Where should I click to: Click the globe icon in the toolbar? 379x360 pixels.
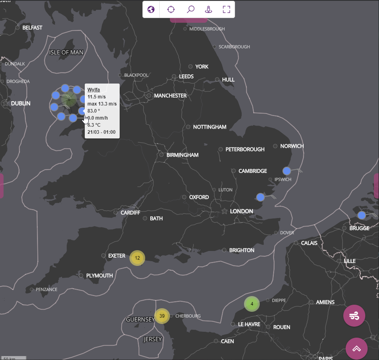151,9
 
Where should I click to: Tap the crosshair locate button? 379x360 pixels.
171,9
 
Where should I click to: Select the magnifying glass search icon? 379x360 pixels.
191,9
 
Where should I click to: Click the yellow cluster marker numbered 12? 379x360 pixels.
137,258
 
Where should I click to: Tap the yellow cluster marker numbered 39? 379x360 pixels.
162,316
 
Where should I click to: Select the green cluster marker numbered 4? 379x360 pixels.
252,304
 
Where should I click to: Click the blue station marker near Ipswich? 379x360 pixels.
287,171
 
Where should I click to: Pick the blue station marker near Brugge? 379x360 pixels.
362,215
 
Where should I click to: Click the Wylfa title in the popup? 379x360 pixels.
94,90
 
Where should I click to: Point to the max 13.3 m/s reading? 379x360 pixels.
102,104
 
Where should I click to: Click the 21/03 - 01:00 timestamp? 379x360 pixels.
101,132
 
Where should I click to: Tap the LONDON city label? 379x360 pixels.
241,211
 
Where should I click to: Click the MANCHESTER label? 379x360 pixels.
170,96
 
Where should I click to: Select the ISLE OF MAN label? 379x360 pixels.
66,53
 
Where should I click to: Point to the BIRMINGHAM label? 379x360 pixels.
182,155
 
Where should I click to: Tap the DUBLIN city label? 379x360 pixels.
20,104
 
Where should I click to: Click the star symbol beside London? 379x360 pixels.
224,211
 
